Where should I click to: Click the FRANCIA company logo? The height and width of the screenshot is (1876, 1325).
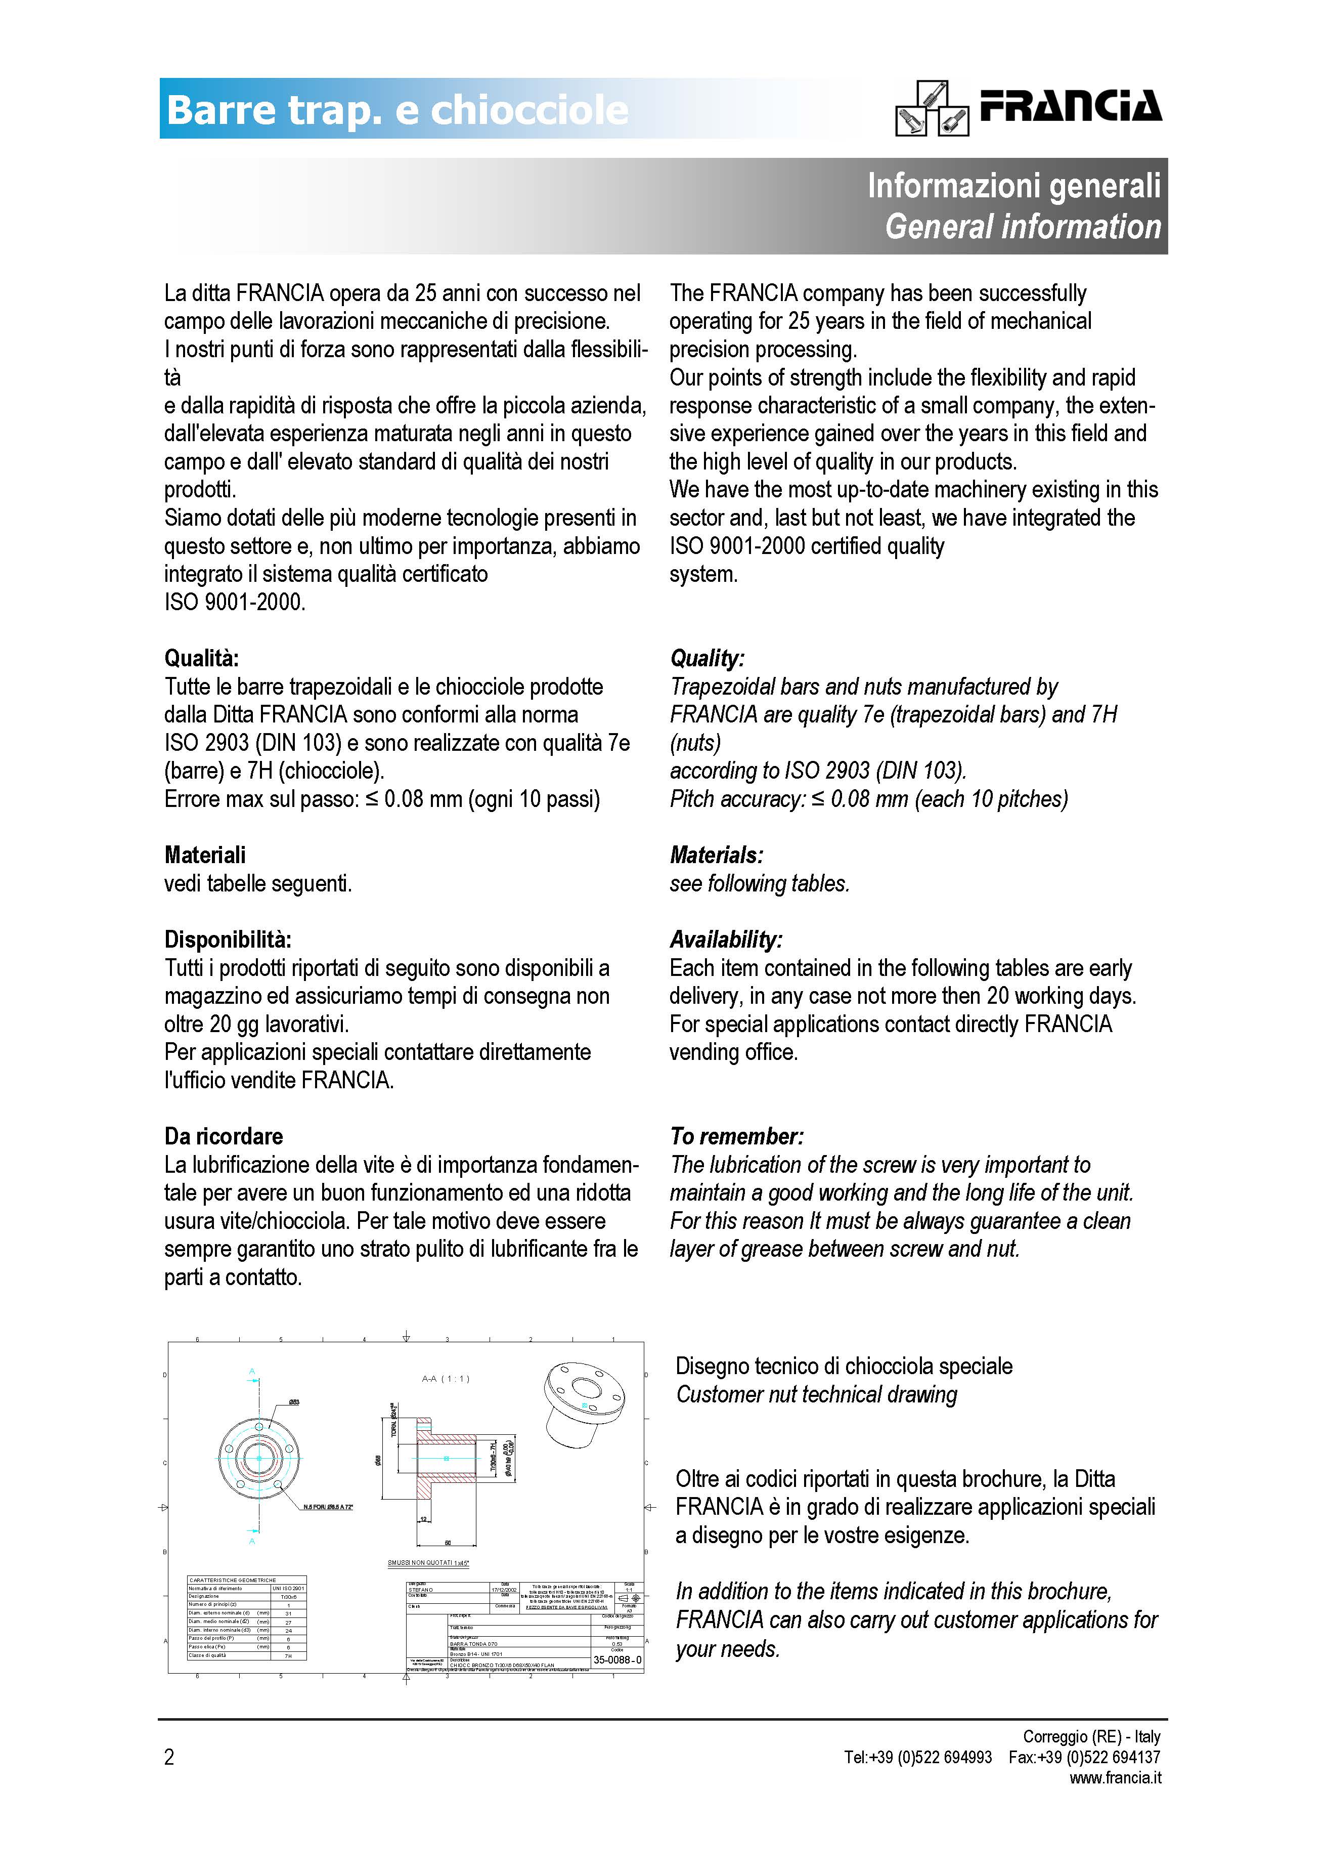[1029, 107]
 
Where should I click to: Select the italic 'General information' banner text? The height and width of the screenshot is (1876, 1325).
[1022, 226]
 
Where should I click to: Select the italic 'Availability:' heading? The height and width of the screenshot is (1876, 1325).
[725, 939]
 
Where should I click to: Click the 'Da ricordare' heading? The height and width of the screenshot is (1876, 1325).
[223, 1136]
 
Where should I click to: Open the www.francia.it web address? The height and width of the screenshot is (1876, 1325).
[1115, 1777]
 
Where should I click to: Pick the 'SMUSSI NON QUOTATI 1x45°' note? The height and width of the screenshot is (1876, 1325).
[428, 1563]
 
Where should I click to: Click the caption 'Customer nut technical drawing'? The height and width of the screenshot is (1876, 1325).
[816, 1395]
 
